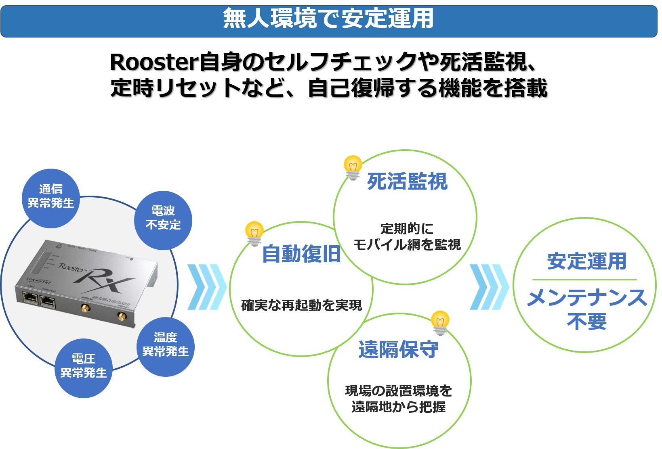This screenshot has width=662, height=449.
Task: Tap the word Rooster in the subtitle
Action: pos(154,63)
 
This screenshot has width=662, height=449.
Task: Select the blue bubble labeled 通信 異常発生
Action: pos(51,196)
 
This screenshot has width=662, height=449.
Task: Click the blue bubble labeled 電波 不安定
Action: pos(163,218)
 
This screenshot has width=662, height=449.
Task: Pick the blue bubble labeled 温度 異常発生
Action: pos(166,344)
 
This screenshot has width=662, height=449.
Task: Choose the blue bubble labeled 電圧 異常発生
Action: pos(83,366)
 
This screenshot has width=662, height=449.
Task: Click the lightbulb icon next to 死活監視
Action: pos(353,167)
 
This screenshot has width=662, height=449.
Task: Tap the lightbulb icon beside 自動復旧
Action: pos(254,233)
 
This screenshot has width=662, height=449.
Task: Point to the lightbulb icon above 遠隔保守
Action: pos(440,322)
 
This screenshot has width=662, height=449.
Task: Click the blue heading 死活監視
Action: pos(407,182)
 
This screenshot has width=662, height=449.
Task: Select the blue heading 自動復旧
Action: pos(301,254)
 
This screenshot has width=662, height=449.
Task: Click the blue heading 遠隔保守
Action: pos(398,349)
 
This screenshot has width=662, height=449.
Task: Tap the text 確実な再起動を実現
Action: pos(301,305)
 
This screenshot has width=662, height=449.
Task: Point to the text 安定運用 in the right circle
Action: pos(586,261)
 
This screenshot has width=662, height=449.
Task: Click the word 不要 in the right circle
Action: pos(586,322)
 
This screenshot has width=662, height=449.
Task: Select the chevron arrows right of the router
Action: pos(207,287)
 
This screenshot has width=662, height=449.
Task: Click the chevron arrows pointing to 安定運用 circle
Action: pos(489,287)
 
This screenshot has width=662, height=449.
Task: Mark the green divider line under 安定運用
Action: pos(584,280)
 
